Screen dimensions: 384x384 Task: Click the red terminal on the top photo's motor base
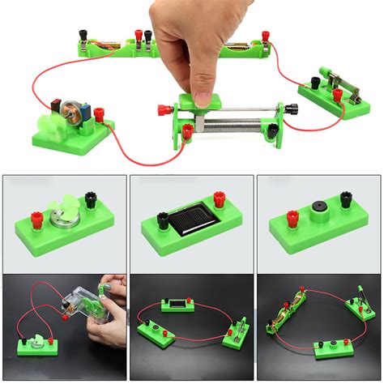click(x=99, y=115)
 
